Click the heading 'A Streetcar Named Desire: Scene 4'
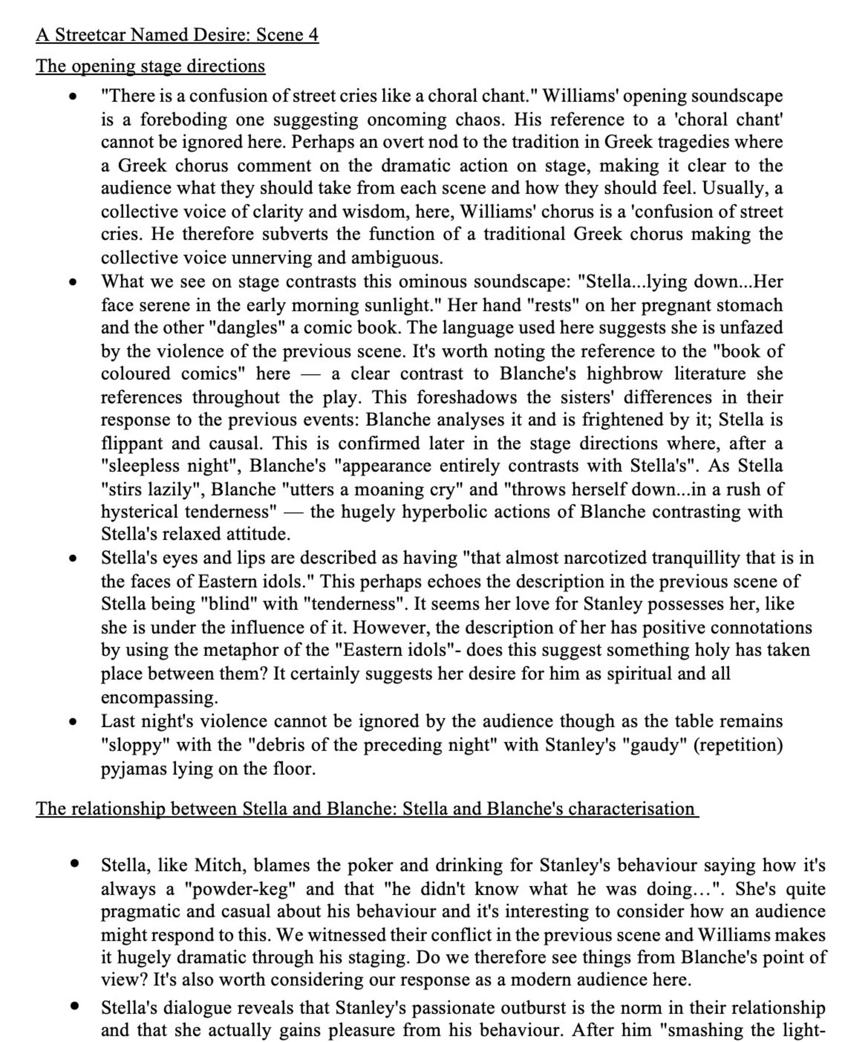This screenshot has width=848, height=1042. (177, 35)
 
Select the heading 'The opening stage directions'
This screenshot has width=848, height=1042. (150, 66)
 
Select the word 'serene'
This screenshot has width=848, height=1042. (166, 305)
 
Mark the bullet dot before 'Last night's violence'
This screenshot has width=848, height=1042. (74, 722)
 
